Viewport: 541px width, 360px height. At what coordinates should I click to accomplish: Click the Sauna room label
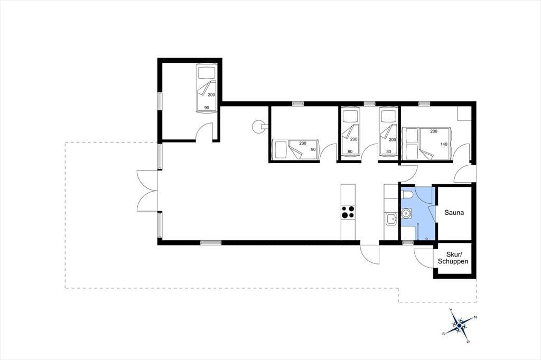tap(454, 212)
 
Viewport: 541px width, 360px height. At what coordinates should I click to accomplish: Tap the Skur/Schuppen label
tap(453, 258)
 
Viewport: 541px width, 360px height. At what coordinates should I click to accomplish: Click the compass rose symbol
tap(460, 325)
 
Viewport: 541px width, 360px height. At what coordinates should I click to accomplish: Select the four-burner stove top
tap(348, 212)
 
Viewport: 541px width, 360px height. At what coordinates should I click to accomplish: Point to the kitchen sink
tap(391, 219)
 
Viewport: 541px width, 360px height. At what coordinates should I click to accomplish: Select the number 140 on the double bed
tap(444, 144)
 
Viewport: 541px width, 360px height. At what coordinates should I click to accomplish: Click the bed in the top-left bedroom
tap(207, 88)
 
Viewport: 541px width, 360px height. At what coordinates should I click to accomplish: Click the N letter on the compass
tap(475, 317)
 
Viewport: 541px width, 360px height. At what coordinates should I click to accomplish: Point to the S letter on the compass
tap(444, 334)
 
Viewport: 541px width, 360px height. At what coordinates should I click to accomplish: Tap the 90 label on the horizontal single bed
tap(313, 149)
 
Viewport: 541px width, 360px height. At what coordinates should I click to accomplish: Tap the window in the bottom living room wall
tap(211, 243)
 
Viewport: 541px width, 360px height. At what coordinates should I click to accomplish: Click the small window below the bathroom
tap(408, 243)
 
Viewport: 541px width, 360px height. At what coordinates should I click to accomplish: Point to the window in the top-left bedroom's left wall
tap(160, 101)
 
